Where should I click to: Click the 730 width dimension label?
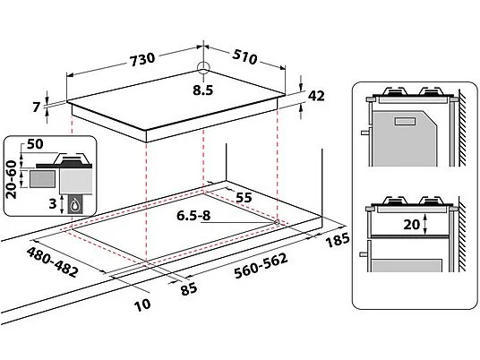click(142, 59)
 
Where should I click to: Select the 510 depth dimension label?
click(244, 56)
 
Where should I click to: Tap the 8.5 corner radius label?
click(202, 90)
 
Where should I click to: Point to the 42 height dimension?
click(316, 96)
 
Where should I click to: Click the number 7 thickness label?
click(37, 107)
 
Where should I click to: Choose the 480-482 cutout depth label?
click(52, 262)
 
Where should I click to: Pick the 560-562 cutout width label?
click(261, 266)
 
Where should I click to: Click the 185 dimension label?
click(337, 240)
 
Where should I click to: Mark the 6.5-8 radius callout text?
click(193, 216)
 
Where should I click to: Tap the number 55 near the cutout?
click(244, 197)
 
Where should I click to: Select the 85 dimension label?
click(189, 288)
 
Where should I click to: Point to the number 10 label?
click(142, 304)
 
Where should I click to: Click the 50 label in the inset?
click(35, 144)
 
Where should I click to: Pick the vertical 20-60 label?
click(12, 179)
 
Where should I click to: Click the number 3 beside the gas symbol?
click(53, 203)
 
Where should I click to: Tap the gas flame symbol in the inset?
click(74, 205)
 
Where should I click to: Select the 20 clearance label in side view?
click(412, 225)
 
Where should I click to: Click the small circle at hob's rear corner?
click(203, 68)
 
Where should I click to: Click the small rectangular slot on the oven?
click(406, 121)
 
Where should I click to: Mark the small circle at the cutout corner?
click(277, 222)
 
